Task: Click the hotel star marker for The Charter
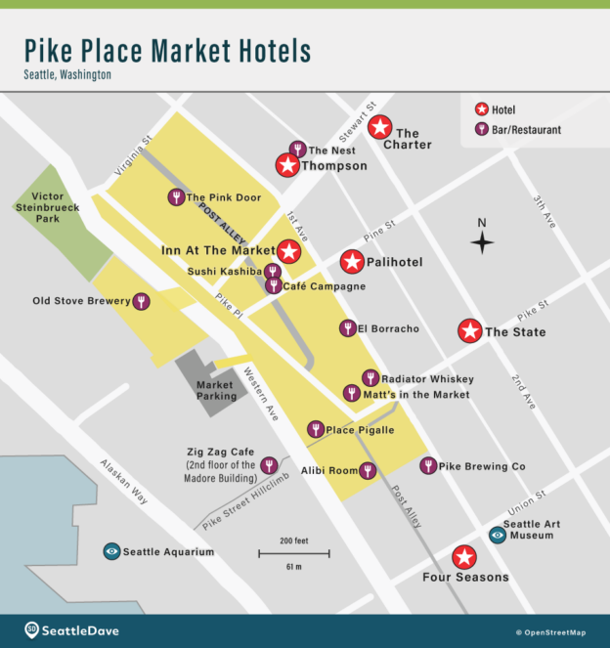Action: [380, 127]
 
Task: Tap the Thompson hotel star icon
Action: [287, 165]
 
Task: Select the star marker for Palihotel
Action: [352, 262]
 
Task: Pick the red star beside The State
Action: [470, 331]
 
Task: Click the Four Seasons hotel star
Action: [464, 557]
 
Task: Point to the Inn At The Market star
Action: [288, 251]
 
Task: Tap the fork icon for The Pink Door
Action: [176, 197]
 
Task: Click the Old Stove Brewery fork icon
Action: [143, 301]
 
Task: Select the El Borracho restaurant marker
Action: [347, 328]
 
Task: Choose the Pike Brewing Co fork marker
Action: [428, 466]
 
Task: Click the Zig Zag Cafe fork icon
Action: [268, 465]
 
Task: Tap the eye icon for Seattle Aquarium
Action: [112, 551]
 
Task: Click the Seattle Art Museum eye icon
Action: [498, 534]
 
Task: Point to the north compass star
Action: [482, 241]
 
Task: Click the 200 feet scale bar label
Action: [293, 540]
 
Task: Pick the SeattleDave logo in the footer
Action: [72, 630]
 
